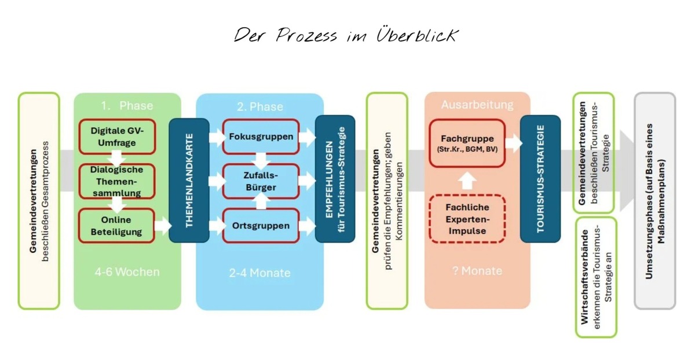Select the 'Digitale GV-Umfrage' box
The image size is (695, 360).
(x=117, y=137)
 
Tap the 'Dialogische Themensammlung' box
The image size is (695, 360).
(x=116, y=181)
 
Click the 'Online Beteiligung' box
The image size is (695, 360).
(x=116, y=225)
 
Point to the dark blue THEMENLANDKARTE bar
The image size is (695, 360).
(x=189, y=180)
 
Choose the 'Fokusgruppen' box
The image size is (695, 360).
(x=261, y=137)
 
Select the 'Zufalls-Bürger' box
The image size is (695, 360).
(x=261, y=181)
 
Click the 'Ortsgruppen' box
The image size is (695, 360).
(x=261, y=225)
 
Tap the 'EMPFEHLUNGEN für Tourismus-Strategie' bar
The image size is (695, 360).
(x=335, y=179)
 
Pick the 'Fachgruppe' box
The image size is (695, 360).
(x=467, y=143)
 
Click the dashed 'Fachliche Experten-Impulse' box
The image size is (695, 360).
(x=467, y=219)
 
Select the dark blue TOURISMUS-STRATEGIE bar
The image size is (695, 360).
(x=540, y=179)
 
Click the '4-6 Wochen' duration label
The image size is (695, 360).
(x=127, y=272)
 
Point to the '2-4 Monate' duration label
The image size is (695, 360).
(x=259, y=273)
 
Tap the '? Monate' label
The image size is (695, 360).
(x=477, y=271)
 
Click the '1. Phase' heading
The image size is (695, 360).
(x=127, y=106)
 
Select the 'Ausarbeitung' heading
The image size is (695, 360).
(x=477, y=105)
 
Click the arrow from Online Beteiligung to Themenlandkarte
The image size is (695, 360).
(x=163, y=225)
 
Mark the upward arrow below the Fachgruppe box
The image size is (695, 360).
(x=467, y=181)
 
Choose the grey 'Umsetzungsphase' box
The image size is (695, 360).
(x=654, y=201)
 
